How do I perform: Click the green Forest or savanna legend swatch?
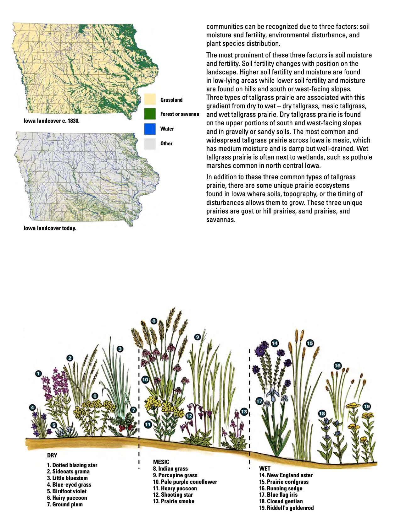[150, 114]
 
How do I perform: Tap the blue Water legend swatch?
[150, 129]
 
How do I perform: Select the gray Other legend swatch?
[150, 143]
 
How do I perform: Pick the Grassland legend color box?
[150, 100]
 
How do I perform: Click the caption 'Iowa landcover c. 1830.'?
[52, 121]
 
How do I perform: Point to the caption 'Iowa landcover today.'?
[50, 228]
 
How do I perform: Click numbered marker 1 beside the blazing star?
[38, 374]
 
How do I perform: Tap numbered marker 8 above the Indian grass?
[153, 321]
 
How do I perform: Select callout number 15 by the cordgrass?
[310, 343]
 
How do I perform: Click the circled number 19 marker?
[367, 407]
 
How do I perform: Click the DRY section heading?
[52, 455]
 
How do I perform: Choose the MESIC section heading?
[161, 462]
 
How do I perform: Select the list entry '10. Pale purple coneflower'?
[185, 482]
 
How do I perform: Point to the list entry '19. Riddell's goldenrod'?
[286, 508]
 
